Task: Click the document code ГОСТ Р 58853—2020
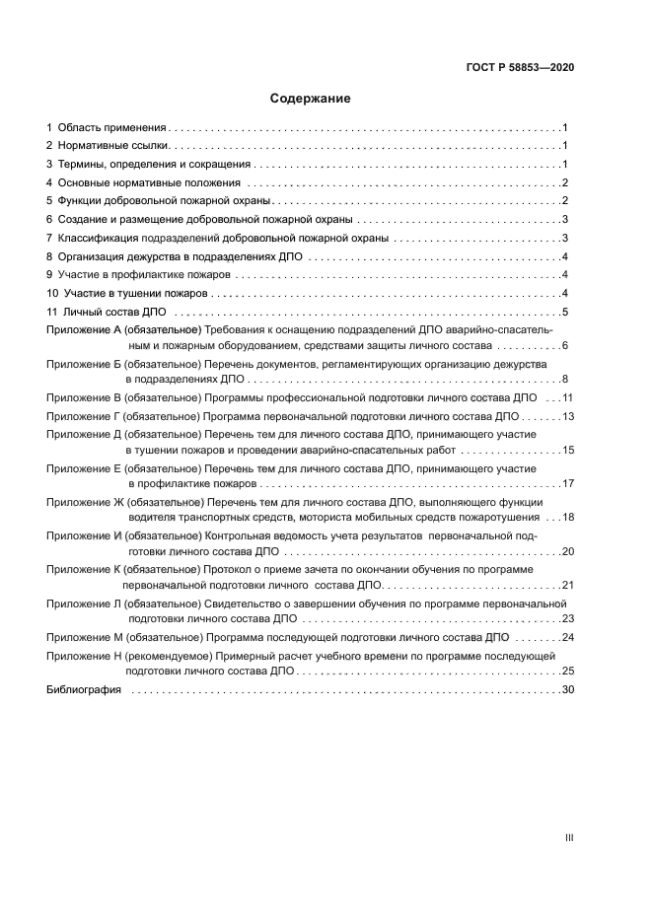click(520, 68)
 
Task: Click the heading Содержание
click(310, 99)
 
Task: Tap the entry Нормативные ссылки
click(113, 146)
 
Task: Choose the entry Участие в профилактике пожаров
click(144, 274)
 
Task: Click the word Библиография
click(84, 690)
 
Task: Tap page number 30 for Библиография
click(567, 690)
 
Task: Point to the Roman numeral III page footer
click(569, 838)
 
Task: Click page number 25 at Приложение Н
click(567, 671)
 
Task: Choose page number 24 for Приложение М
click(567, 637)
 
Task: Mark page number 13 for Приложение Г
click(567, 416)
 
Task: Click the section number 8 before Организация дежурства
click(49, 256)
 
